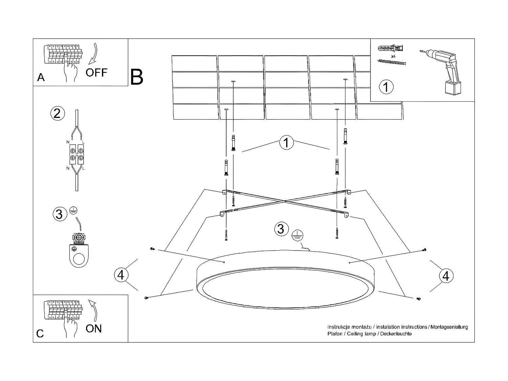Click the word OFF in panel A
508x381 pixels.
[x=96, y=72]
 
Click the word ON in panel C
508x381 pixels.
[x=93, y=329]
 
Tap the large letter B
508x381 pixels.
[x=136, y=77]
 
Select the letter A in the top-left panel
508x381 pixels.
[x=41, y=78]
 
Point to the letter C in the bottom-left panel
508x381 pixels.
[x=40, y=334]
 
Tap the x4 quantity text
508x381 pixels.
[x=393, y=56]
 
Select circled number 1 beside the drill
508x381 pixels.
[x=386, y=87]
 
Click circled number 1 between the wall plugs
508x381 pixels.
[x=286, y=143]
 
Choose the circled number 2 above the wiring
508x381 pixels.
[x=57, y=113]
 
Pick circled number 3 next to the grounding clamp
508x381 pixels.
[x=59, y=214]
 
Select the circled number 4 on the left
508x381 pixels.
[x=121, y=275]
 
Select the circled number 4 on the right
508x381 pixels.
[x=446, y=276]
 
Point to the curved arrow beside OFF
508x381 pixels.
[x=93, y=54]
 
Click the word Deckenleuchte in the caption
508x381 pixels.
[x=396, y=334]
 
